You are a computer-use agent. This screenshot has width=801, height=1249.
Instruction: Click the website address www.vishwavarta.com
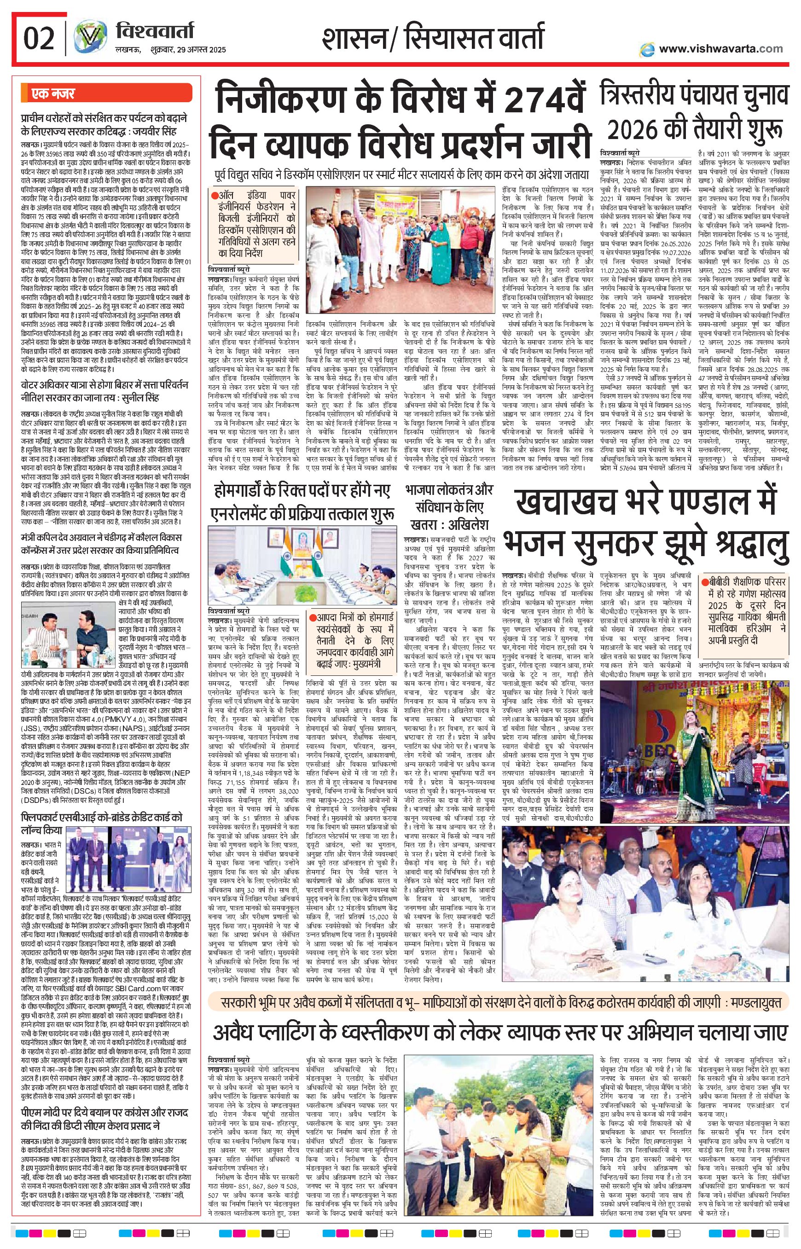click(x=720, y=48)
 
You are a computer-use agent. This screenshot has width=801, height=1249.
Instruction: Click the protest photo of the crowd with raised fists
click(x=401, y=244)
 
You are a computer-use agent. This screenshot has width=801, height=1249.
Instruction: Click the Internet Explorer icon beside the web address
click(x=648, y=49)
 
